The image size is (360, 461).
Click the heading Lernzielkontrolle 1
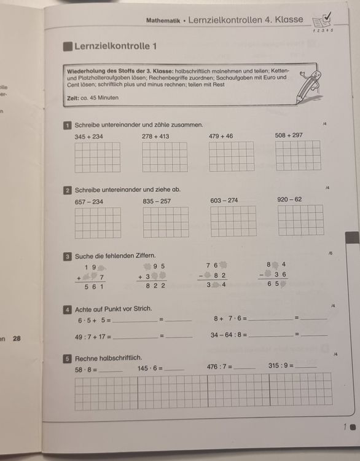click(115, 45)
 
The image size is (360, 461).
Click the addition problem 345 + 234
click(89, 136)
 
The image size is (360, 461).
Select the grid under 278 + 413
click(165, 157)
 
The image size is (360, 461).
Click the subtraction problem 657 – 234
click(89, 202)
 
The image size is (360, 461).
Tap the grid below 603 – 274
click(233, 221)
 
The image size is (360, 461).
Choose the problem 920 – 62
click(289, 199)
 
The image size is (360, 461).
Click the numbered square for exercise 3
click(68, 255)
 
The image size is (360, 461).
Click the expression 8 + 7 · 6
click(230, 318)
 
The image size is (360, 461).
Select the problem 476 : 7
click(220, 366)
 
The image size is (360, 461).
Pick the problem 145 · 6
click(150, 368)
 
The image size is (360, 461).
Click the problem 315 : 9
click(281, 366)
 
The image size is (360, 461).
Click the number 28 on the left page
click(17, 337)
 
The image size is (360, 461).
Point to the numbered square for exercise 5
click(68, 358)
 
